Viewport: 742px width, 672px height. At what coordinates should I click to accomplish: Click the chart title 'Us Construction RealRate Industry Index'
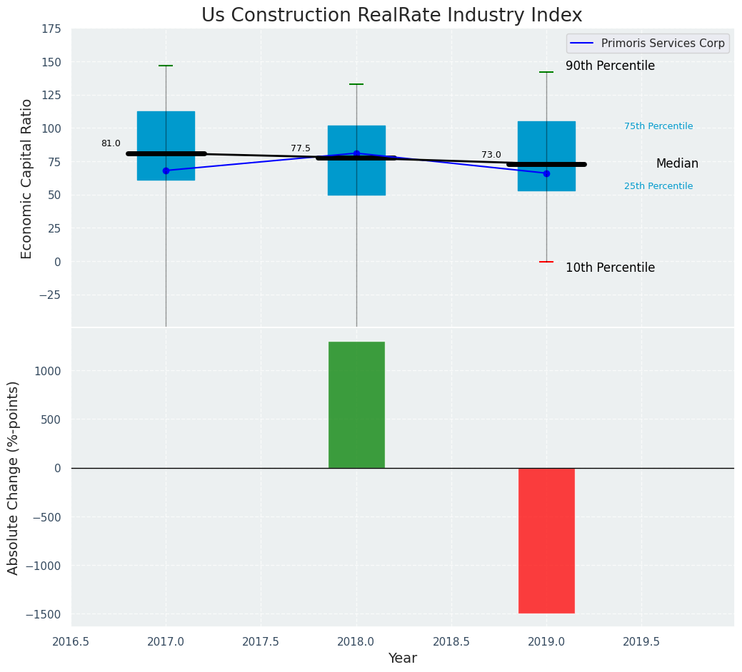391,16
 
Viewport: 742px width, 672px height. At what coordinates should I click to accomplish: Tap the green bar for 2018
356,404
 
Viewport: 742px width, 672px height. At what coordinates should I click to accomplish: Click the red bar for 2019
546,540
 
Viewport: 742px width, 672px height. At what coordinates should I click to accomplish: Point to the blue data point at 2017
166,170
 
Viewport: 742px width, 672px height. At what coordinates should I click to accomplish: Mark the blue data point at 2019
546,173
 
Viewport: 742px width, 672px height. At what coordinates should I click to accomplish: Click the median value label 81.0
111,143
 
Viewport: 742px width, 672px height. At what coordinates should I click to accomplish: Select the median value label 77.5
301,148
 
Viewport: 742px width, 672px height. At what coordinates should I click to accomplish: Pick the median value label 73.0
491,155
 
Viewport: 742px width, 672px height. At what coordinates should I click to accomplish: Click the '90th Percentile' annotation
610,66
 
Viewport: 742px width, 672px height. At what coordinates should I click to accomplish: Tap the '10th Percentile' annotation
610,268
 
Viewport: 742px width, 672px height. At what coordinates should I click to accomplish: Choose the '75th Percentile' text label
658,126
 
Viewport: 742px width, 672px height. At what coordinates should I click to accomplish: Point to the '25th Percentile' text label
658,186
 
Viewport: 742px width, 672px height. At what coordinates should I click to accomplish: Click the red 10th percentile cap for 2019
546,262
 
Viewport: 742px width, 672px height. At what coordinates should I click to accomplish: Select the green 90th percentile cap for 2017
166,66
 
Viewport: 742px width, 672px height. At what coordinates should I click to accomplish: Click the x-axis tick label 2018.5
451,641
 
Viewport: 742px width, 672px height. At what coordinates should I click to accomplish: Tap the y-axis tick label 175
51,29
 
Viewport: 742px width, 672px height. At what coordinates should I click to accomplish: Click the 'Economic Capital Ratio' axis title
27,178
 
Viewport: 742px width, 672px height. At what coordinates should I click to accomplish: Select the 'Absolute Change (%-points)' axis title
14,477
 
